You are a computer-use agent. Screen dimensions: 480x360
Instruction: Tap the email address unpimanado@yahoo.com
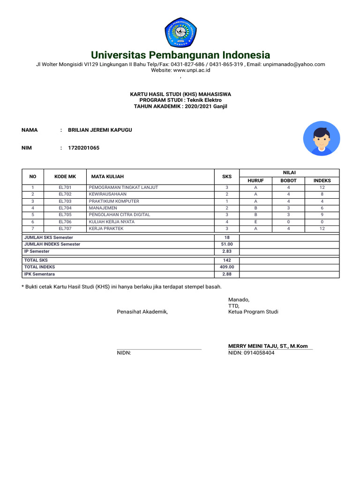pos(294,64)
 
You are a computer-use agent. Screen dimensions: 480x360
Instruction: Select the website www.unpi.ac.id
pos(192,70)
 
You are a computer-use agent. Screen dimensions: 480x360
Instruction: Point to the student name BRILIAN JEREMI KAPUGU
pos(100,130)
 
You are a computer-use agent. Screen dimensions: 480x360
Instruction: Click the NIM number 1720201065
pos(84,148)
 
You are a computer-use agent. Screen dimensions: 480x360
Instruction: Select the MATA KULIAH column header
pos(107,177)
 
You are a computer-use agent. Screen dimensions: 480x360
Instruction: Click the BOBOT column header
pos(288,180)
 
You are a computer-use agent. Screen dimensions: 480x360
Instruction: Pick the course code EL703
pos(65,201)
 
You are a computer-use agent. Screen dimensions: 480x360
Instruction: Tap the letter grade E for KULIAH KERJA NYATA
pos(255,222)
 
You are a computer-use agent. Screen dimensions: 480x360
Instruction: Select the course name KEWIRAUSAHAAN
pos(107,194)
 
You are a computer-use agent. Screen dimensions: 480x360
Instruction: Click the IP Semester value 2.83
pos(227,251)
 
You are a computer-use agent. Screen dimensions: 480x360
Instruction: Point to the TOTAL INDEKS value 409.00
pos(227,267)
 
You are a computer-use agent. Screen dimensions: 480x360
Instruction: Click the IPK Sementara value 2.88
pos(227,274)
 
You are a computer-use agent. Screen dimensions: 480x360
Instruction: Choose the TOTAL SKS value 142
pos(227,260)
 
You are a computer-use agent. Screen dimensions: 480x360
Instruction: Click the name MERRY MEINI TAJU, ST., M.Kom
pos(268,346)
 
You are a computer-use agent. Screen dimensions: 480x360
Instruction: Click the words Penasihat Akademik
pos(142,312)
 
